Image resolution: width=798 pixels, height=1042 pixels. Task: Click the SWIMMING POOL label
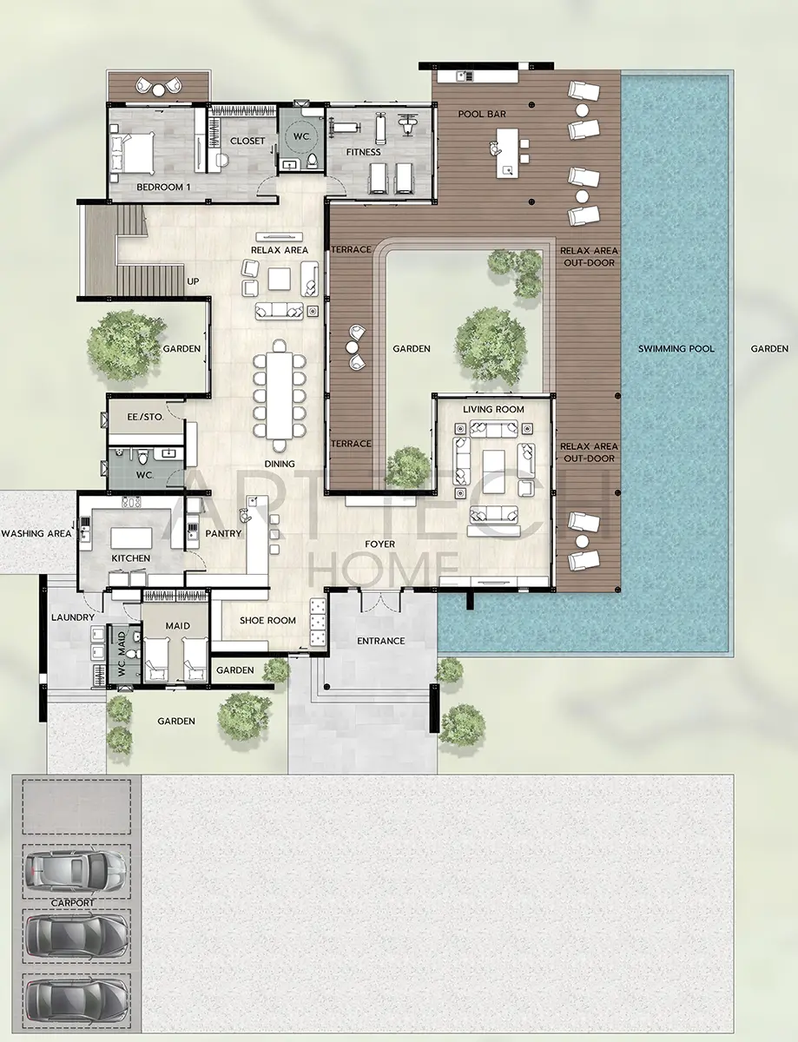click(x=676, y=348)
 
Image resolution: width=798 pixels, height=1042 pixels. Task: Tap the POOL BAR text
click(x=482, y=114)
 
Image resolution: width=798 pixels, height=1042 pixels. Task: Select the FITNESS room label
click(x=363, y=152)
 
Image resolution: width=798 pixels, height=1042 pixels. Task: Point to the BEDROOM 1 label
click(x=163, y=187)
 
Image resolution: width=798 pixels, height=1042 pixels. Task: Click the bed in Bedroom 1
click(x=132, y=153)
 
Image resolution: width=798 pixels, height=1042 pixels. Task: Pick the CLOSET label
click(x=247, y=141)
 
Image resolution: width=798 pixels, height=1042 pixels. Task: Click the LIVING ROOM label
click(x=493, y=410)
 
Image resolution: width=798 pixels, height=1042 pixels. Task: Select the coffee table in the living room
click(x=494, y=465)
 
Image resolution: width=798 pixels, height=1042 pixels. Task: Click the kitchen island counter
click(x=131, y=538)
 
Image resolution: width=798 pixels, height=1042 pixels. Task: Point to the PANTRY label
click(x=223, y=533)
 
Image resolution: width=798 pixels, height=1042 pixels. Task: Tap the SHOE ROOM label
click(x=267, y=621)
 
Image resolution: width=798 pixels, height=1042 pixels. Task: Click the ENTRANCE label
click(x=381, y=641)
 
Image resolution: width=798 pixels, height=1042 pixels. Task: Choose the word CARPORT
click(x=73, y=903)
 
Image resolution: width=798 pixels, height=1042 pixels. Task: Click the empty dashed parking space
click(x=76, y=807)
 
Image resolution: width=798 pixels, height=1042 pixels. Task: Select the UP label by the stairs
click(x=193, y=281)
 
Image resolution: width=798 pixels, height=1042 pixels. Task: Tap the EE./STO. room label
click(x=145, y=417)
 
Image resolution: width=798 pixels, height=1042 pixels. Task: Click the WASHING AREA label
click(x=36, y=533)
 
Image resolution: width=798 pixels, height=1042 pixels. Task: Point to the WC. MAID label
click(x=122, y=653)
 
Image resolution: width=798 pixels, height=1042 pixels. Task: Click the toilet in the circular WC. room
click(x=312, y=162)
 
